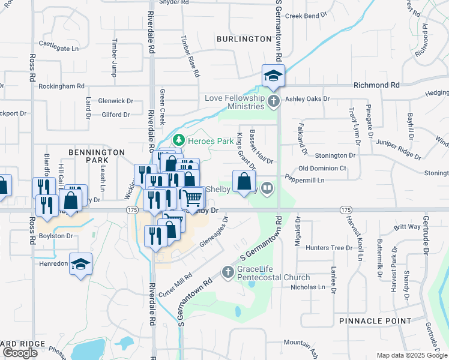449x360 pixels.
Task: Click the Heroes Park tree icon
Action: pyautogui.click(x=178, y=140)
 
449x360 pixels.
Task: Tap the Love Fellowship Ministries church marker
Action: pyautogui.click(x=274, y=100)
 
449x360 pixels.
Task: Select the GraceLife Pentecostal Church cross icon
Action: pyautogui.click(x=228, y=273)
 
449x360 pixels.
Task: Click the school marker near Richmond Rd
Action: pyautogui.click(x=273, y=76)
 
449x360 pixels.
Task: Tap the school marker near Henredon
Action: pyautogui.click(x=80, y=265)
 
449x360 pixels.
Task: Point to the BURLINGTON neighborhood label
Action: pyautogui.click(x=245, y=39)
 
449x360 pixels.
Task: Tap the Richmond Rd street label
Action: pyautogui.click(x=376, y=86)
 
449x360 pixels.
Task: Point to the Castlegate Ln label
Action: pyautogui.click(x=59, y=43)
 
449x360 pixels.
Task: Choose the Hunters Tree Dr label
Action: pyautogui.click(x=329, y=248)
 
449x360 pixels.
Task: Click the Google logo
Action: pyautogui.click(x=20, y=353)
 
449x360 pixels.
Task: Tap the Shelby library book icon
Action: pyautogui.click(x=268, y=188)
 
